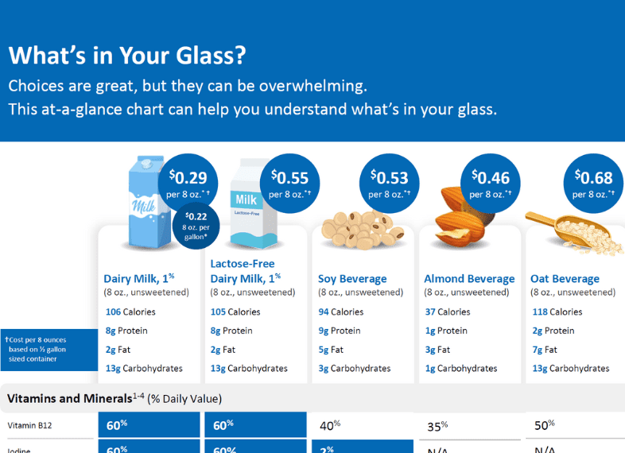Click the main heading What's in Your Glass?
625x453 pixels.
127,56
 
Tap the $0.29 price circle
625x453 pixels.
192,183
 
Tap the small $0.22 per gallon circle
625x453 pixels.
196,226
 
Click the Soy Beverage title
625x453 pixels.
352,279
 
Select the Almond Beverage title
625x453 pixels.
469,279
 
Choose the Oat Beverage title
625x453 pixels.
565,279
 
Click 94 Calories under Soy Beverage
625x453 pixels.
341,312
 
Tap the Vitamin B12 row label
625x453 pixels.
30,425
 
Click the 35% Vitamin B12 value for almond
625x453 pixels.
437,426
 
